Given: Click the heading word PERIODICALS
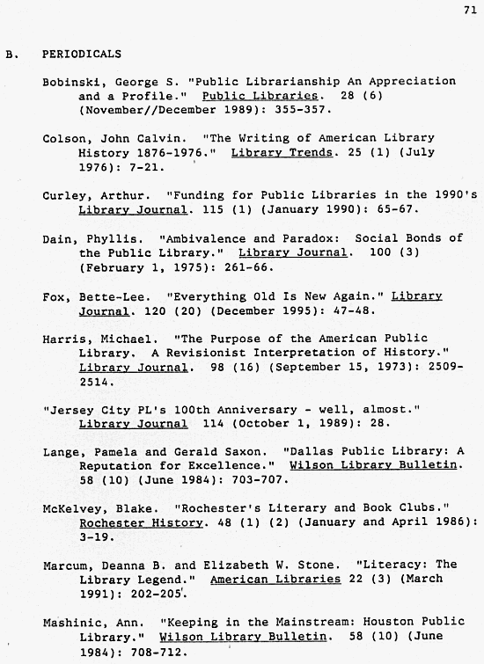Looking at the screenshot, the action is (82, 54).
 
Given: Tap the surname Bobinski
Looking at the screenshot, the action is (71, 82).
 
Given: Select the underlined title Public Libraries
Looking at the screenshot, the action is (260, 96).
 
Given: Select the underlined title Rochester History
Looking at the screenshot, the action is (132, 523).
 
